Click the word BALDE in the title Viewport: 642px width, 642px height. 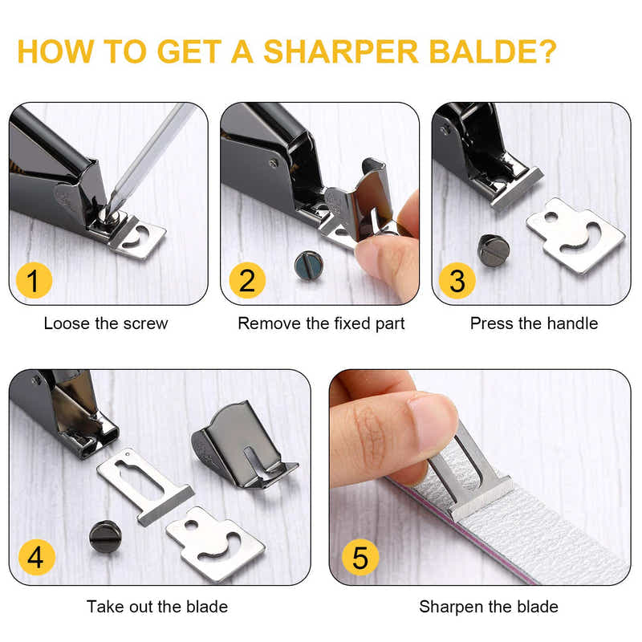click(x=490, y=51)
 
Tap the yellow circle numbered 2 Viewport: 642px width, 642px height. click(x=246, y=281)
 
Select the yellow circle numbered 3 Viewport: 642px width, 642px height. click(x=457, y=281)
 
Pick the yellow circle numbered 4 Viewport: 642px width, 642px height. click(x=35, y=557)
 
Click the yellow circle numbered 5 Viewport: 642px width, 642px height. click(x=360, y=557)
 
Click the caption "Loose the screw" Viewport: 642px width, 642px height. click(x=106, y=324)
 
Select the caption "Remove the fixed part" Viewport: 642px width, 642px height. click(x=321, y=324)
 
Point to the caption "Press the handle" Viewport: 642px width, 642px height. click(x=534, y=324)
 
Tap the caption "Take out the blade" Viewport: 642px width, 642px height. click(x=157, y=607)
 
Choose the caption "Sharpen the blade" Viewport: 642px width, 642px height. click(x=489, y=607)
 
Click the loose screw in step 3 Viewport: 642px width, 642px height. click(x=494, y=250)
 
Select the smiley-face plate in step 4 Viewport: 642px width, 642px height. click(x=214, y=543)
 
